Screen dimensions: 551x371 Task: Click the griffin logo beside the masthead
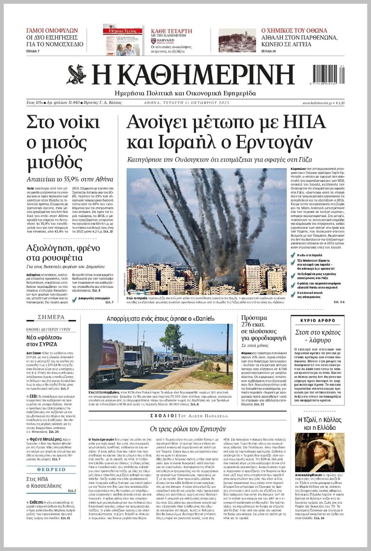point(77,74)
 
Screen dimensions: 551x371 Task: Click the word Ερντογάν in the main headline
point(274,143)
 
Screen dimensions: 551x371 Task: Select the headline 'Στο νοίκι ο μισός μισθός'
point(63,142)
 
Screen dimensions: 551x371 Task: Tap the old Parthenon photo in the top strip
point(237,41)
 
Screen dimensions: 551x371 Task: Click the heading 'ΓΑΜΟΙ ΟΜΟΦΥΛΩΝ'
point(52,30)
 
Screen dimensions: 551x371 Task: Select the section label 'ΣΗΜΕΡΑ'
point(51,317)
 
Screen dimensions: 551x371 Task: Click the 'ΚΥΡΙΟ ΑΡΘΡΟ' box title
point(318,320)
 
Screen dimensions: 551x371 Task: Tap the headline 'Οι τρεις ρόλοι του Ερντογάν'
point(188,429)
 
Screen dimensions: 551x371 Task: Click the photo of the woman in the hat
point(319,452)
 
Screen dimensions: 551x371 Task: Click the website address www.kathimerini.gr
point(317,103)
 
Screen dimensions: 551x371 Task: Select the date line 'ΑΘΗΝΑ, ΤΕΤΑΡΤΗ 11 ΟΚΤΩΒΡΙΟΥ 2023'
point(186,103)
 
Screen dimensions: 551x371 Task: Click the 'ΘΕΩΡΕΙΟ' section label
point(51,469)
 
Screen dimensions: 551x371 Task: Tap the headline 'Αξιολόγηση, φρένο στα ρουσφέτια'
point(63,253)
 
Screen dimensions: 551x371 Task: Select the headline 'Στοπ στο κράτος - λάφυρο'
point(318,336)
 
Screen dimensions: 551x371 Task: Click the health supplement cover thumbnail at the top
point(123,40)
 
